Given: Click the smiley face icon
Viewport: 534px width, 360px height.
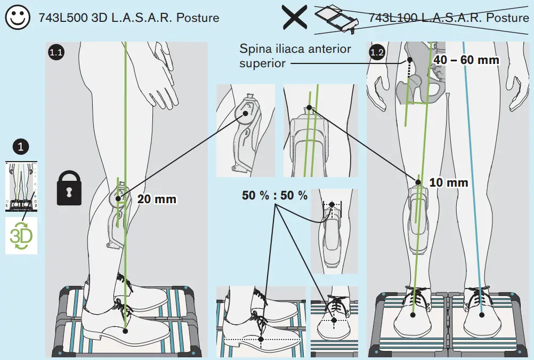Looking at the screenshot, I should click(x=18, y=18).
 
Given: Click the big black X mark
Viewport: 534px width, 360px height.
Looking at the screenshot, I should click(x=294, y=18).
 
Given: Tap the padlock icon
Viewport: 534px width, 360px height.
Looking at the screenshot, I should click(x=71, y=188).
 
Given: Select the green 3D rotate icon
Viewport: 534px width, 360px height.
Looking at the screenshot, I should click(x=21, y=235).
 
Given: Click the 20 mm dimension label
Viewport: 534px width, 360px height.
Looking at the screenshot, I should click(x=157, y=199).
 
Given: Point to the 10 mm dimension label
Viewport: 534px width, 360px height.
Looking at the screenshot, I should click(x=448, y=183).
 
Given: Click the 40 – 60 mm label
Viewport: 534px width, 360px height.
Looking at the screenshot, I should click(x=467, y=60).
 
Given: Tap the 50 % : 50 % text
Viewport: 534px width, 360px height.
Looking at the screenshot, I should click(x=275, y=196).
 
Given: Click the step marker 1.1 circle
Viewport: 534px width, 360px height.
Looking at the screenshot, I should click(x=56, y=52).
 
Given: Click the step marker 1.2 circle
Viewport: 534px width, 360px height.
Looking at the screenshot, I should click(x=377, y=52).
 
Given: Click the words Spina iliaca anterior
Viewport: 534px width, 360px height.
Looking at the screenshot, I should click(x=295, y=49).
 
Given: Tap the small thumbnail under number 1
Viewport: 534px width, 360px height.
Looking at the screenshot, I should click(x=21, y=187).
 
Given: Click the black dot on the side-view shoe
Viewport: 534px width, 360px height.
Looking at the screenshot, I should click(x=125, y=331).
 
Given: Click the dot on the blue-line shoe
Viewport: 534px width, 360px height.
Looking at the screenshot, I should click(x=482, y=314).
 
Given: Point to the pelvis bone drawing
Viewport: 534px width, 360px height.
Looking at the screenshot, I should click(x=421, y=80).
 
